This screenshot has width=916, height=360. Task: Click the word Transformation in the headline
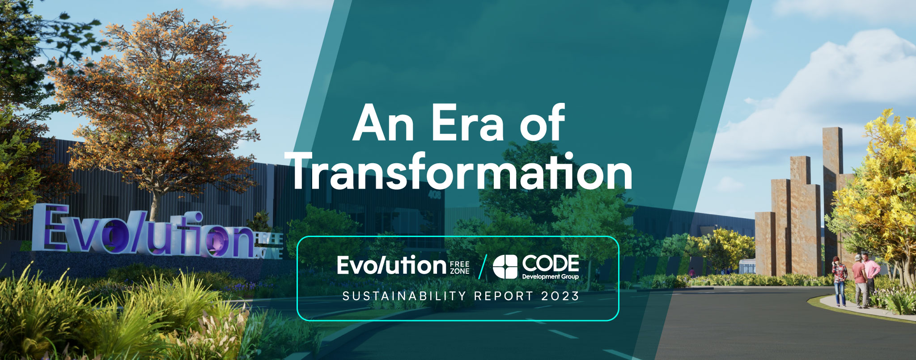(462, 172)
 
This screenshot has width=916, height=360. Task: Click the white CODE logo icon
(505, 267)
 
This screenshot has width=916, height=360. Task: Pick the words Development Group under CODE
(551, 276)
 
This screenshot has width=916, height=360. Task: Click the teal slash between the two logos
(482, 267)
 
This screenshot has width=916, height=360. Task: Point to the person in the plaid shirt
(839, 282)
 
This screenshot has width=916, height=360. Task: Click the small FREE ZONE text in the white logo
(459, 267)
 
